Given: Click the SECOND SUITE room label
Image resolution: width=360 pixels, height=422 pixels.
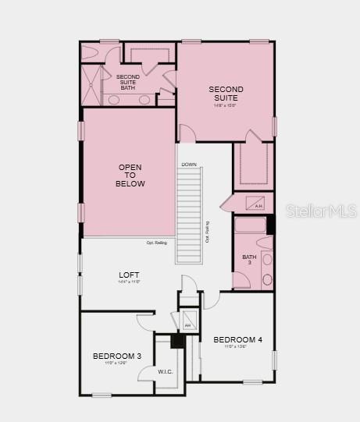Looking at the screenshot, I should click(x=226, y=94).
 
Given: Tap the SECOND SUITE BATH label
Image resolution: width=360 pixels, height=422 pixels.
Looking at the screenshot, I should click(x=128, y=82).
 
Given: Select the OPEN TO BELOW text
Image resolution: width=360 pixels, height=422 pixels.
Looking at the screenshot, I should click(x=130, y=176).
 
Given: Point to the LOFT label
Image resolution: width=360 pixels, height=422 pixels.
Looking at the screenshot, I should click(x=129, y=275).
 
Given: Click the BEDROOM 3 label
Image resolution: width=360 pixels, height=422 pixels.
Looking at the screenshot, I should click(x=117, y=356).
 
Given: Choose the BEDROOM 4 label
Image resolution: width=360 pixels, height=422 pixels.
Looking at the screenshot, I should click(x=238, y=339).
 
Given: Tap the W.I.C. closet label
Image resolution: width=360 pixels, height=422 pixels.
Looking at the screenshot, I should click(x=165, y=371).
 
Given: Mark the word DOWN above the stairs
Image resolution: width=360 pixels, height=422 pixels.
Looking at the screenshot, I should click(x=189, y=165).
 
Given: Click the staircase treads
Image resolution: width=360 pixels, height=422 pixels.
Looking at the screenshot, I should click(x=190, y=215).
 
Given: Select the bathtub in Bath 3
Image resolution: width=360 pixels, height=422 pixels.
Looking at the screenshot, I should click(x=250, y=227).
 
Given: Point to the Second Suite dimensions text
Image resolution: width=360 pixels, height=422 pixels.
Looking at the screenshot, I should click(x=226, y=106).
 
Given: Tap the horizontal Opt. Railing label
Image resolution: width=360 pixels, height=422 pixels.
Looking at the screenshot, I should click(x=156, y=243).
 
